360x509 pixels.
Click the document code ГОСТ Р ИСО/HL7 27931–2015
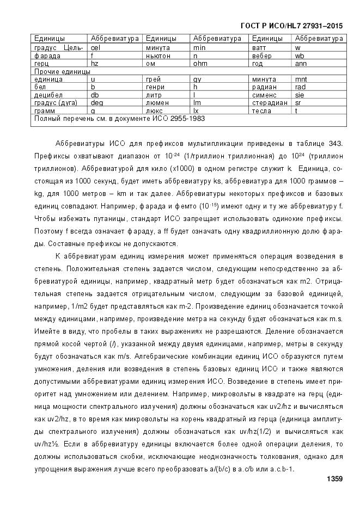tap(291, 26)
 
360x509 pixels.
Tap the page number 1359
tap(334, 479)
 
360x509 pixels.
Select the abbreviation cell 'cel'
tap(95, 48)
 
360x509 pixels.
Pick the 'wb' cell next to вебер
tap(300, 56)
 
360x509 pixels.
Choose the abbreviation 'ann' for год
tap(301, 63)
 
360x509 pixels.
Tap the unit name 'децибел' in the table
tap(48, 95)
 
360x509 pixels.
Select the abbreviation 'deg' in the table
tap(97, 102)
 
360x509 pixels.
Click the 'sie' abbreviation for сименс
tap(300, 95)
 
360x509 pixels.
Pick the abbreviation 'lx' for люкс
tap(197, 111)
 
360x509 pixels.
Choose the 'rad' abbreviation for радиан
tap(301, 87)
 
